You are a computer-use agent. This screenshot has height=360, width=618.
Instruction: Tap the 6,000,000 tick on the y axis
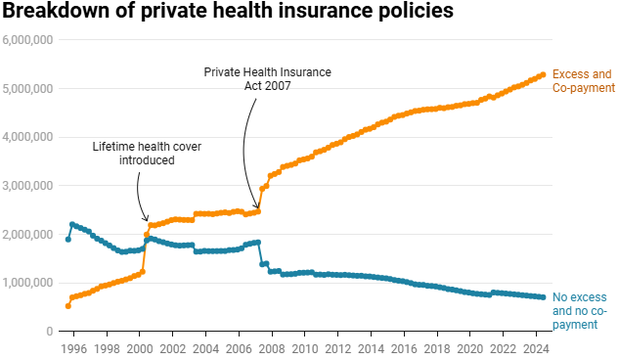pyautogui.click(x=27, y=40)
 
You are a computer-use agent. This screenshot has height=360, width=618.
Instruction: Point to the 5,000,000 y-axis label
pyautogui.click(x=27, y=89)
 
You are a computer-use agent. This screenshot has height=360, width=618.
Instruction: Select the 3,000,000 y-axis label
pyautogui.click(x=27, y=186)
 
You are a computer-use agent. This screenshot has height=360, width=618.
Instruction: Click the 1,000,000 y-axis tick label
pyautogui.click(x=27, y=283)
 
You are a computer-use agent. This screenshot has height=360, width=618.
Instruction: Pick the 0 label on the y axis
pyautogui.click(x=49, y=332)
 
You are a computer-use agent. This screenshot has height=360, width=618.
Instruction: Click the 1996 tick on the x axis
pyautogui.click(x=73, y=348)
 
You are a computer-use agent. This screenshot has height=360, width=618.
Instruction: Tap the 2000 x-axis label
pyautogui.click(x=139, y=348)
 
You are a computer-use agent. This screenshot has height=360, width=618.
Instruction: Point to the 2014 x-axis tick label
pyautogui.click(x=371, y=348)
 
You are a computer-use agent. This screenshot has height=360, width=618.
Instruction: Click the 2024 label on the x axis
pyautogui.click(x=535, y=348)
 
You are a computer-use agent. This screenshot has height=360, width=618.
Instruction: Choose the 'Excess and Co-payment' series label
pyautogui.click(x=583, y=81)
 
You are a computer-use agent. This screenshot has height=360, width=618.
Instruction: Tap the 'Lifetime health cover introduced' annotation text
pyautogui.click(x=133, y=153)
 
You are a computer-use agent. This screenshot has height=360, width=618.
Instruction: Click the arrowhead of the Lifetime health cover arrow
pyautogui.click(x=148, y=220)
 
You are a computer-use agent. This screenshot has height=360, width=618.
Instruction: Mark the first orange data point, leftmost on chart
pyautogui.click(x=67, y=306)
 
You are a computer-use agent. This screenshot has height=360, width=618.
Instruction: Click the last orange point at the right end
pyautogui.click(x=543, y=74)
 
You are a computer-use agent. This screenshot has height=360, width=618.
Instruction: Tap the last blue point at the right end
pyautogui.click(x=543, y=297)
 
